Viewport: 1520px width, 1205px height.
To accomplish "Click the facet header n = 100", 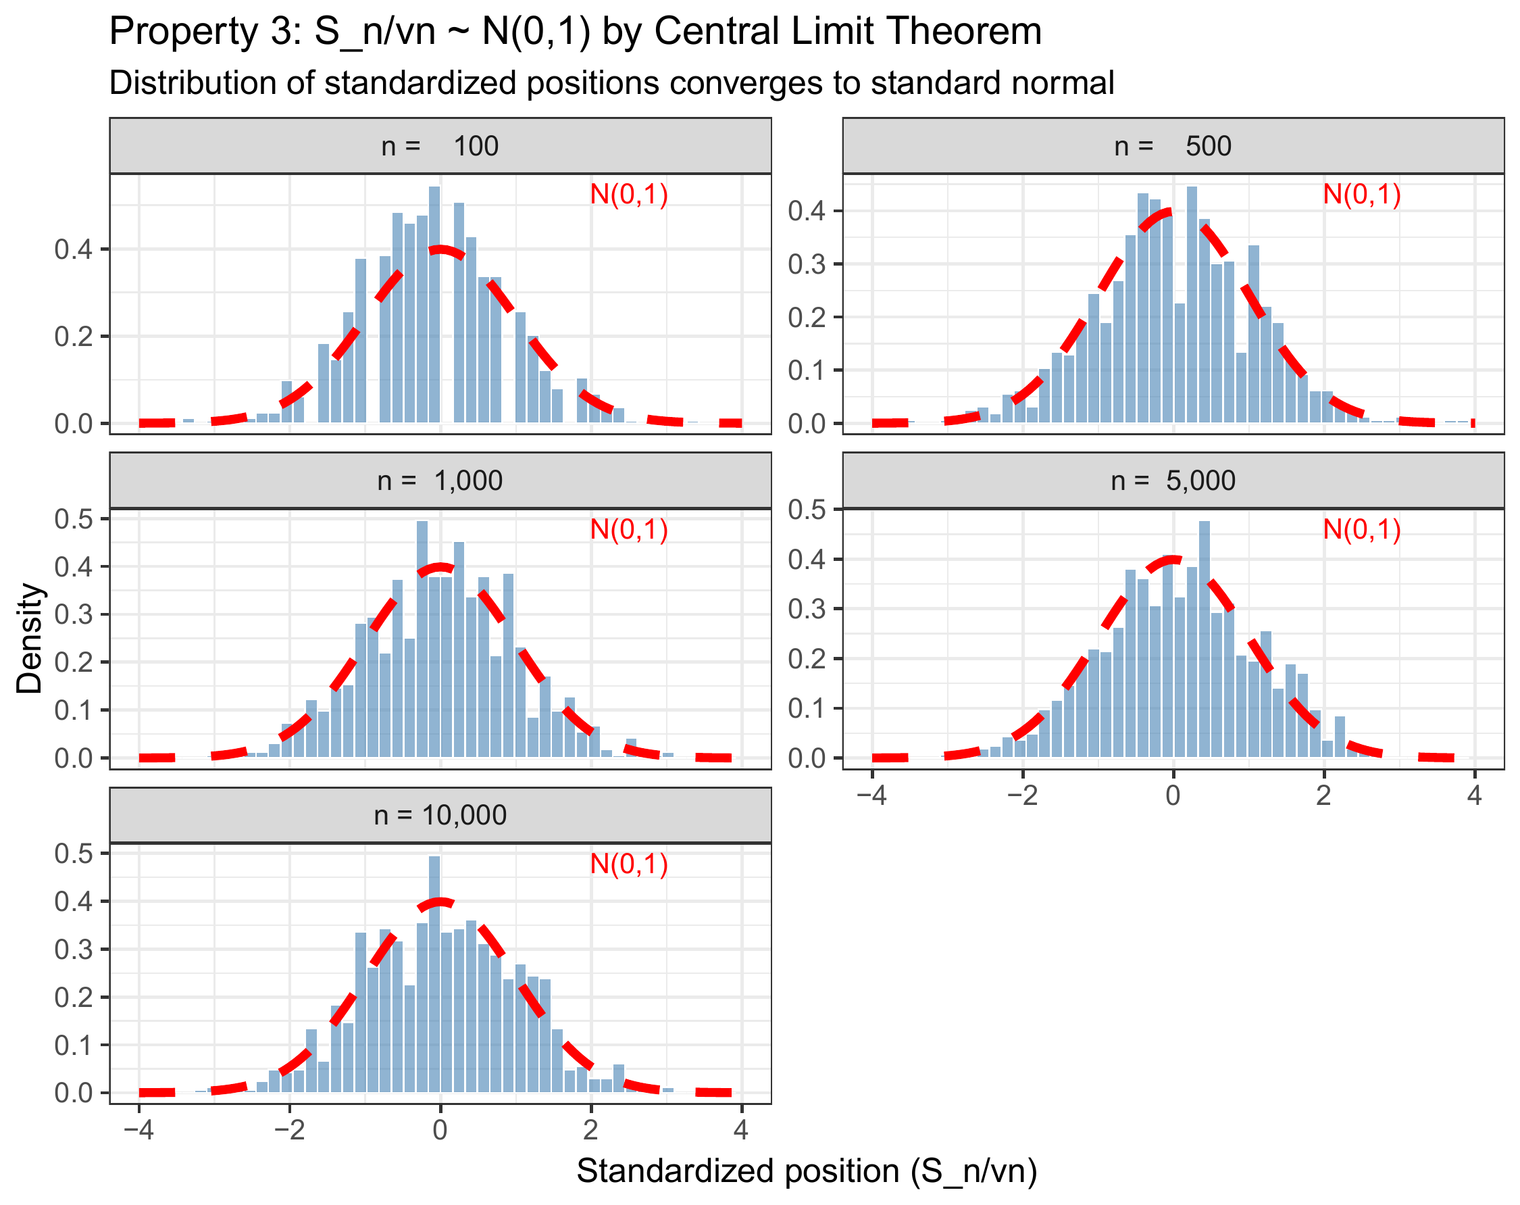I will point(440,146).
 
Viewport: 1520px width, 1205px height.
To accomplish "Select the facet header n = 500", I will point(1173,146).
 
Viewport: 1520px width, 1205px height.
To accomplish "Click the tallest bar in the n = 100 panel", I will point(434,303).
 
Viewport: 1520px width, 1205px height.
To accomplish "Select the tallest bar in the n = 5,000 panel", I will point(1204,638).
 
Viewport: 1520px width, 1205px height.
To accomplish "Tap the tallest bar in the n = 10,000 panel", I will point(434,973).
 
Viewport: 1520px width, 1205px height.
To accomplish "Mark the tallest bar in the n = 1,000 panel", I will point(422,638).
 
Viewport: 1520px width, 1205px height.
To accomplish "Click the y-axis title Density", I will point(30,638).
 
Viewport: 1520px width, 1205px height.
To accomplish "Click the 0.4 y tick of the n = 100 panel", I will point(74,249).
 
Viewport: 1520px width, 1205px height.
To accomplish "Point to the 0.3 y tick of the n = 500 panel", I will point(807,264).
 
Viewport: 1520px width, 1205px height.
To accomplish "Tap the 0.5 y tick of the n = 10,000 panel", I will point(74,854).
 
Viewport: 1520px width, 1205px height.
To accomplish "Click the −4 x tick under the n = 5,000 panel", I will point(871,795).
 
